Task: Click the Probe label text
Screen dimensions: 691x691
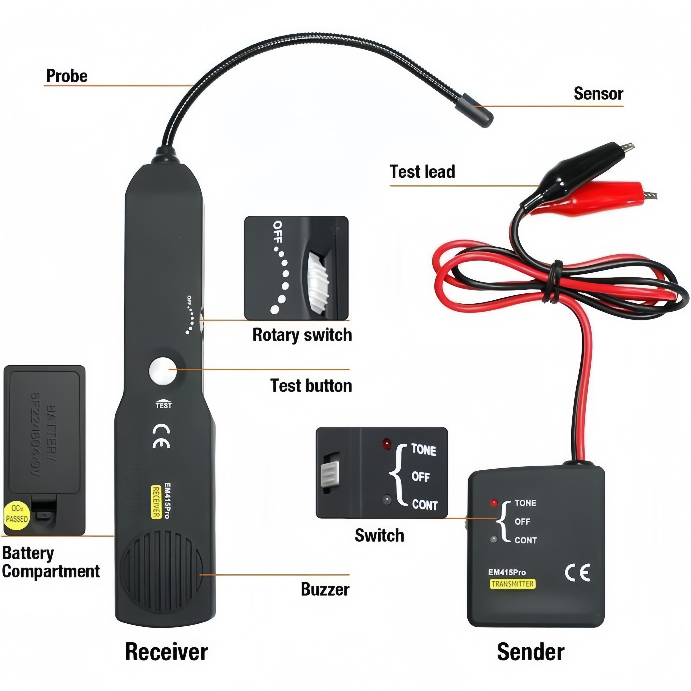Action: tap(67, 76)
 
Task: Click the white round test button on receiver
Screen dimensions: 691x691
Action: tap(163, 371)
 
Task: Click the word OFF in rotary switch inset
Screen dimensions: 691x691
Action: tap(277, 232)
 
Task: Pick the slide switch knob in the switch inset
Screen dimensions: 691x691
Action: tap(330, 474)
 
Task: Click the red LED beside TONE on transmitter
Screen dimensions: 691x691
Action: tap(494, 503)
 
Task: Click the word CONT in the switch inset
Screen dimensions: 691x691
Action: tap(425, 505)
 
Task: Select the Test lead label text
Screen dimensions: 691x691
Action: tap(422, 172)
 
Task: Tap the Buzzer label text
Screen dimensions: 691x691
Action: tap(325, 589)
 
